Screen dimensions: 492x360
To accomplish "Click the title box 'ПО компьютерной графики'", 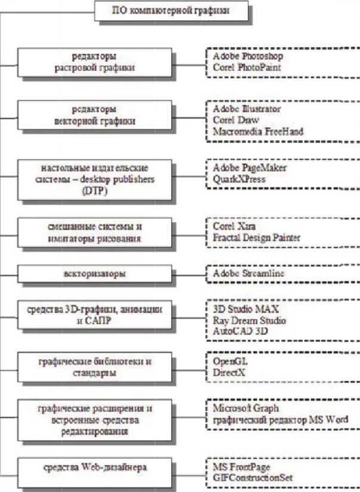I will pos(163,10).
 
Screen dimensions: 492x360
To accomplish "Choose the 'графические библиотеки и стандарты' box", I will pos(95,367).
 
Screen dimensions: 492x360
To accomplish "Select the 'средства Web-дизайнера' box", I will pos(95,468).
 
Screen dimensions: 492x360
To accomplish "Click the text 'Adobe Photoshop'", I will pos(247,56).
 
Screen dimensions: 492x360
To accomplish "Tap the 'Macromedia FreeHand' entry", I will pos(258,131).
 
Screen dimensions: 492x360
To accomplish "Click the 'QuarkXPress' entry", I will pos(239,179).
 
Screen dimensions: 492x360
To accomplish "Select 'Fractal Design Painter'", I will pos(257,238).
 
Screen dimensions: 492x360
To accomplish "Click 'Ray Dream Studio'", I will pos(249,320).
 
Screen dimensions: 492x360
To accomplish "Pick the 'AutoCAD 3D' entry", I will pos(240,330).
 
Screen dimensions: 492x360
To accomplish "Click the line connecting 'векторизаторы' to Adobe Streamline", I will pos(190,274).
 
